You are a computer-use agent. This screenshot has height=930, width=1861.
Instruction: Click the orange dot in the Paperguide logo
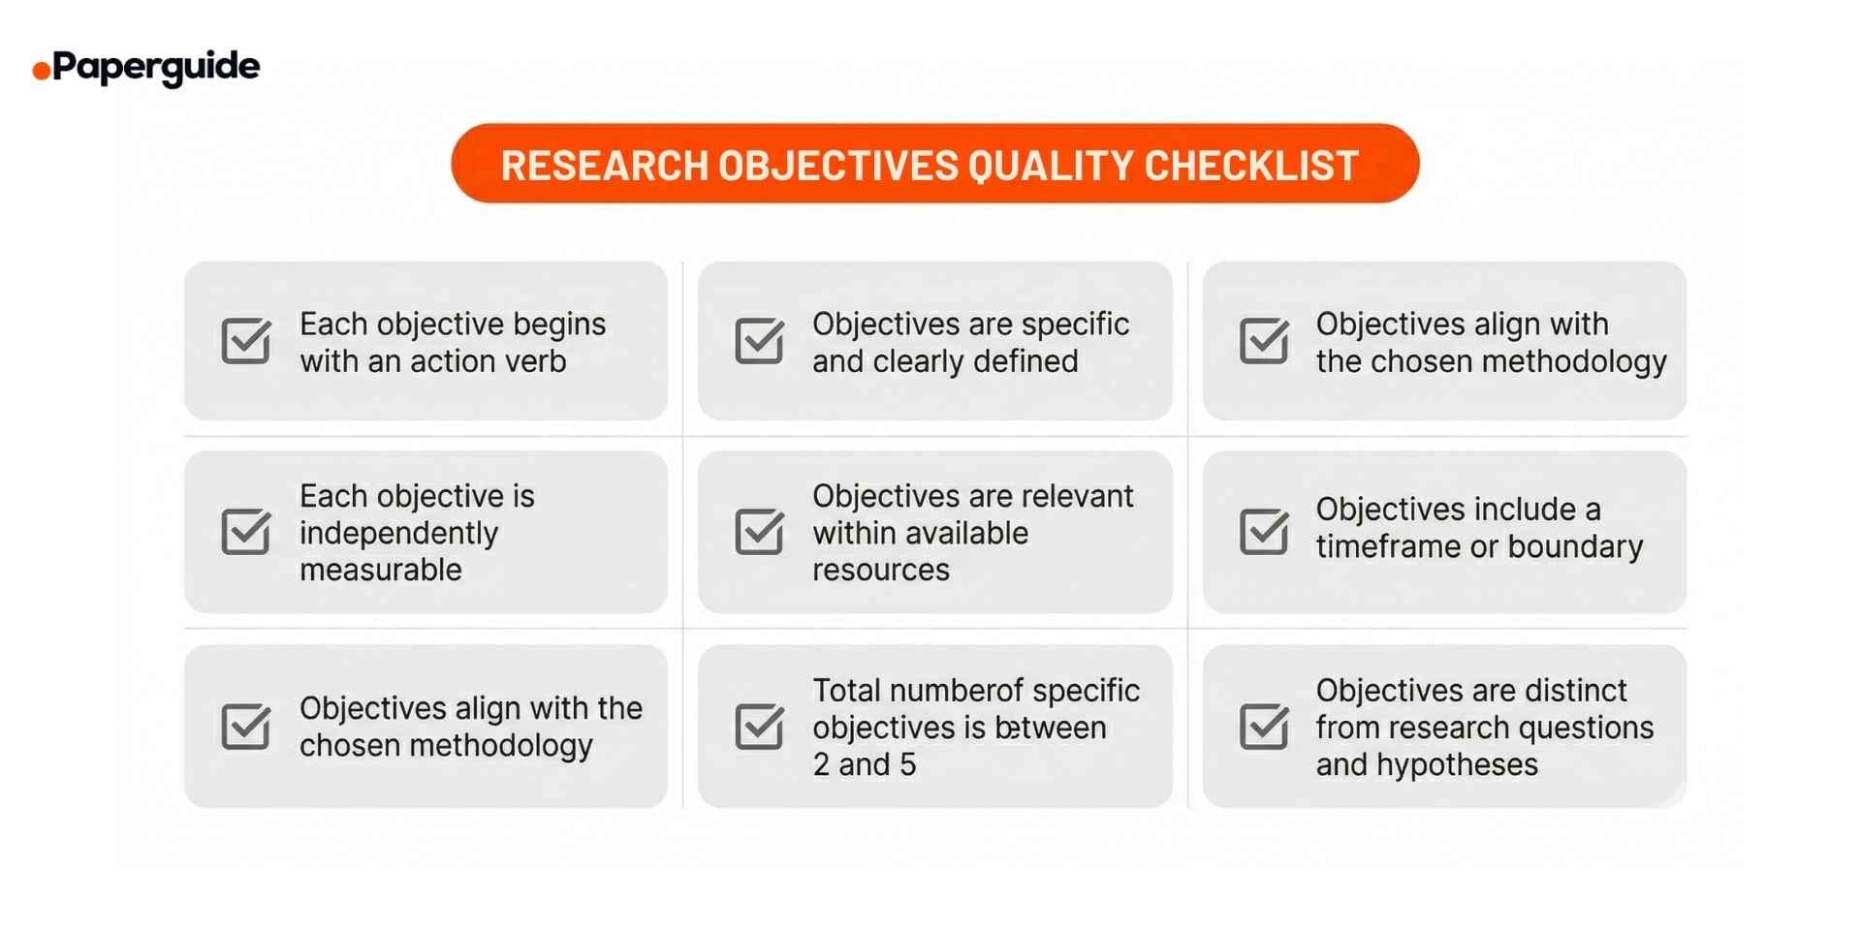pyautogui.click(x=42, y=70)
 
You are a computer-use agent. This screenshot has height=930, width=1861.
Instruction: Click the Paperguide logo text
pyautogui.click(x=156, y=67)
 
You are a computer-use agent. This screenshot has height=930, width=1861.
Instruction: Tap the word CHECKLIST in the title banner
pyautogui.click(x=1251, y=166)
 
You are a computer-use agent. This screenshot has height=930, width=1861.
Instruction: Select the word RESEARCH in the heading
pyautogui.click(x=604, y=166)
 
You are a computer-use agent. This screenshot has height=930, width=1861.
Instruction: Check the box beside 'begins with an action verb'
pyautogui.click(x=246, y=341)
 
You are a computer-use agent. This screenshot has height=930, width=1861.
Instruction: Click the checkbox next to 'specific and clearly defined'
pyautogui.click(x=759, y=341)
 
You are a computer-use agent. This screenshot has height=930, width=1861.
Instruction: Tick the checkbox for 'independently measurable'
pyautogui.click(x=246, y=532)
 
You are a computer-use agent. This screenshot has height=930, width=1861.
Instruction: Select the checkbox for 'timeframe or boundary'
pyautogui.click(x=1264, y=532)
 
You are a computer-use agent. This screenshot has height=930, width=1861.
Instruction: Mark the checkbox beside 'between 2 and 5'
pyautogui.click(x=759, y=727)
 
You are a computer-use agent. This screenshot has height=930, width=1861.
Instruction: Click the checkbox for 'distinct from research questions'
pyautogui.click(x=1264, y=727)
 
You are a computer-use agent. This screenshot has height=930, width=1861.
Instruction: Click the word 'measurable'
pyautogui.click(x=380, y=570)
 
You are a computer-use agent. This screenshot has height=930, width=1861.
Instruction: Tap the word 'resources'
pyautogui.click(x=880, y=570)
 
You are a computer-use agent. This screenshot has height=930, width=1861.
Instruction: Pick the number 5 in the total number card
pyautogui.click(x=907, y=765)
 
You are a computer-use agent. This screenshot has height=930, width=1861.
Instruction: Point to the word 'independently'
pyautogui.click(x=398, y=533)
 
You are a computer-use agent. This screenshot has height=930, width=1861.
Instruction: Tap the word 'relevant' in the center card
pyautogui.click(x=1077, y=496)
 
